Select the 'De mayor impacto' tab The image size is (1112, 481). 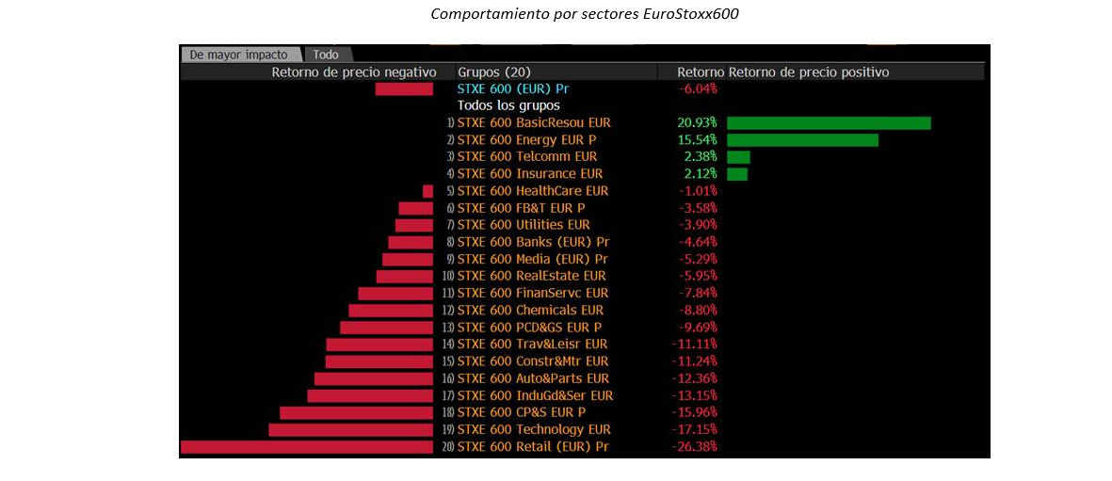[238, 55]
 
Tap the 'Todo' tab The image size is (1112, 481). [326, 55]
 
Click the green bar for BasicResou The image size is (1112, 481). [829, 123]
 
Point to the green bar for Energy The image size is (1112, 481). [802, 140]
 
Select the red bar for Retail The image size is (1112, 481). [307, 446]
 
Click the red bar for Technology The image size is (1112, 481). [351, 429]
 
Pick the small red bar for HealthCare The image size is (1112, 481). [427, 191]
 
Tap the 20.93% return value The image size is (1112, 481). [697, 123]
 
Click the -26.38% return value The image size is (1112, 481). [695, 446]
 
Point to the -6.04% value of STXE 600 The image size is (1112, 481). [698, 88]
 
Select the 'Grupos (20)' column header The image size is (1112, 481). [494, 72]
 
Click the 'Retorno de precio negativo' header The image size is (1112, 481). [354, 72]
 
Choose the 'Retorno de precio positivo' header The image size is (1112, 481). [809, 72]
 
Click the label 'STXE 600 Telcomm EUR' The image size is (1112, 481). [527, 157]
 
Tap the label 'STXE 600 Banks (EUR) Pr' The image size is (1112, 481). [533, 242]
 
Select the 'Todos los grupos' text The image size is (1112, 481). [508, 105]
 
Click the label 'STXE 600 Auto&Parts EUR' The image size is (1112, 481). [533, 378]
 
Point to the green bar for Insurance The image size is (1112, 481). [737, 174]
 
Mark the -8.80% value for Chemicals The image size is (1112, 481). [698, 310]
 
